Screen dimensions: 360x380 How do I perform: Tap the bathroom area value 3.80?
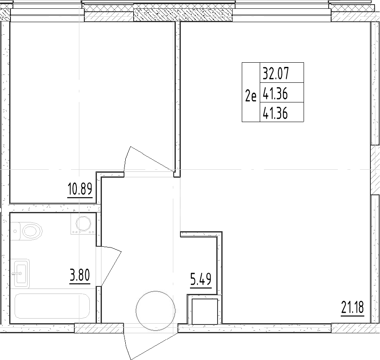pos(79,276)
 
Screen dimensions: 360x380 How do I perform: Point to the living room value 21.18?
pos(352,309)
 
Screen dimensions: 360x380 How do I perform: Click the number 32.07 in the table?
pos(276,74)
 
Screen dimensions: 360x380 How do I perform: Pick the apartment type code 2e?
pos(251,97)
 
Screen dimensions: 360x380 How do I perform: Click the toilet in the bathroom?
pos(32,230)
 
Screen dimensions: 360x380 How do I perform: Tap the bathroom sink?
pos(22,273)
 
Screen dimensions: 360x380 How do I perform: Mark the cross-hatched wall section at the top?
pos(182,16)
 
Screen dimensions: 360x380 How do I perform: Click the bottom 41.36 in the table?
pos(276,113)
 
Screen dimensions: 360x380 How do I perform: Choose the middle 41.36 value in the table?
pos(276,94)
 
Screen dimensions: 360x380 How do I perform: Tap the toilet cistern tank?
pos(15,230)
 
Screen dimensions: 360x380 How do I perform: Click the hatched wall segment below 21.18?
pos(352,328)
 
